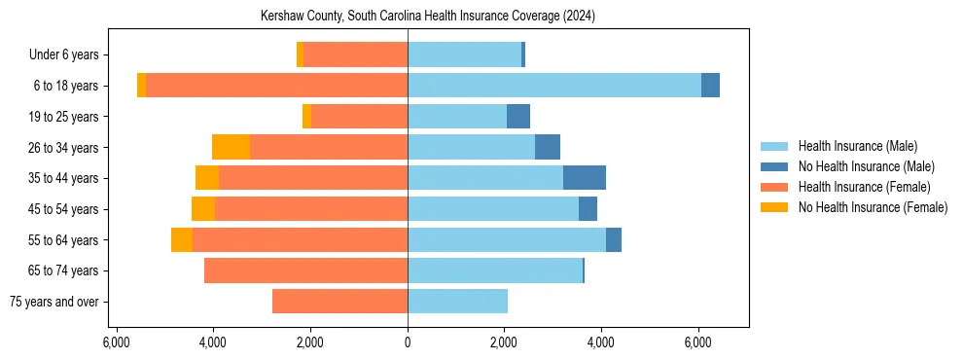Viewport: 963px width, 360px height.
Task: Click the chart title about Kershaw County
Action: click(428, 17)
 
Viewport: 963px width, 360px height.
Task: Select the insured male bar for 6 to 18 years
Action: click(554, 86)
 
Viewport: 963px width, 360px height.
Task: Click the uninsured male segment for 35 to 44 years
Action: click(585, 178)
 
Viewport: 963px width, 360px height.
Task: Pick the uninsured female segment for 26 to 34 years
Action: click(231, 147)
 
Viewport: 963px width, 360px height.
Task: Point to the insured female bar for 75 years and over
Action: click(339, 302)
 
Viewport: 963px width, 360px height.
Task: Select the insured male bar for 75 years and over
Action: click(457, 302)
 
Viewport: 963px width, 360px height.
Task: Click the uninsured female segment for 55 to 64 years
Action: click(182, 239)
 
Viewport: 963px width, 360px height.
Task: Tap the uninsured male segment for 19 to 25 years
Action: click(518, 117)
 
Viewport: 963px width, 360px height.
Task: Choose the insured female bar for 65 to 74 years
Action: click(305, 270)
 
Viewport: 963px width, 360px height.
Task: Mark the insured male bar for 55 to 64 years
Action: click(506, 239)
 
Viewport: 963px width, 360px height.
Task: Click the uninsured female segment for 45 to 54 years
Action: click(203, 209)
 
